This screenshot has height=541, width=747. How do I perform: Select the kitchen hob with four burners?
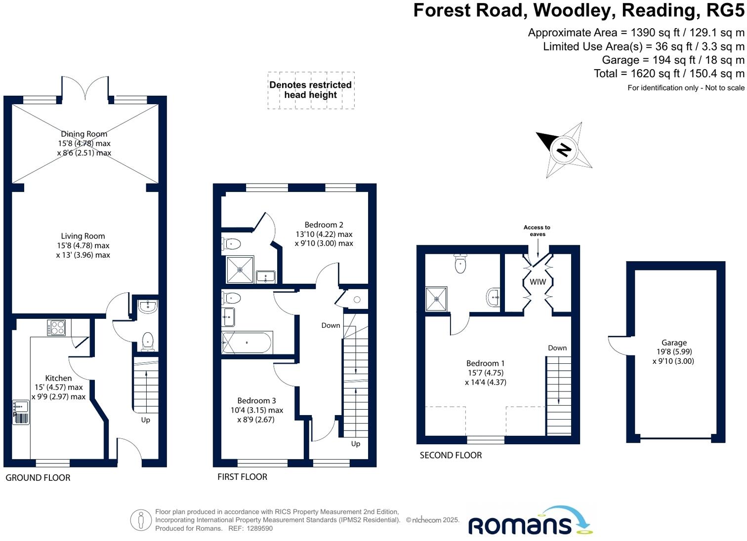[56, 328]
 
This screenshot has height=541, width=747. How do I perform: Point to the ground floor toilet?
[148, 341]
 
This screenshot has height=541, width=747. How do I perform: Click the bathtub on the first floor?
[247, 343]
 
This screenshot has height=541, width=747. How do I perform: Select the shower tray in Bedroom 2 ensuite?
[240, 270]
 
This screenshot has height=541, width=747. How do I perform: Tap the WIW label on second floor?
[538, 282]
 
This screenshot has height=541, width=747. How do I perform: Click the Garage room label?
[673, 343]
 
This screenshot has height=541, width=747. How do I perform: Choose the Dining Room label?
[84, 134]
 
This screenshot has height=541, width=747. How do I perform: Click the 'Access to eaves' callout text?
[537, 231]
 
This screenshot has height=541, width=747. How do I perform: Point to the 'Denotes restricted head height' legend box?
[311, 90]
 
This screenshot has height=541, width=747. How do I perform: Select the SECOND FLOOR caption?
[451, 455]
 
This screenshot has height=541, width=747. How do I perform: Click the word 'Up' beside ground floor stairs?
[146, 420]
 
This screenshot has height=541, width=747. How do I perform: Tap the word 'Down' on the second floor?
[557, 348]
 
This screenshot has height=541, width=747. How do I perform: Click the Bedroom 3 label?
[256, 401]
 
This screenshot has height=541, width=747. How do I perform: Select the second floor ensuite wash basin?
[494, 298]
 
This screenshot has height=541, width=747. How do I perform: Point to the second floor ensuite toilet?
[460, 264]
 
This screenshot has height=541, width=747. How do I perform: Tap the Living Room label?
[83, 236]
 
